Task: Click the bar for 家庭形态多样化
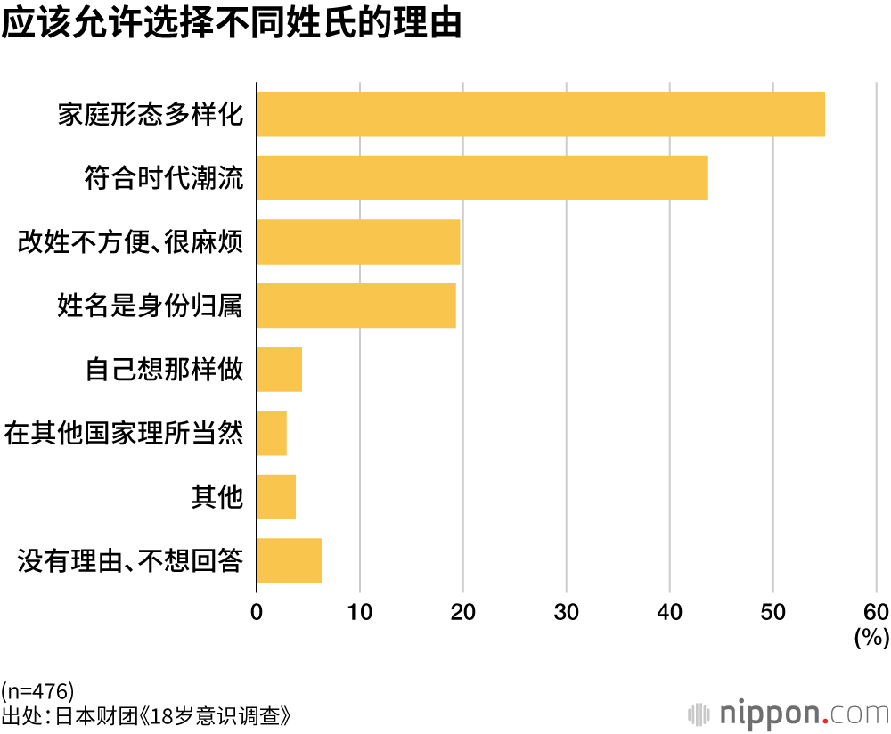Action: pos(541,114)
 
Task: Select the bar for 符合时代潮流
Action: pos(482,178)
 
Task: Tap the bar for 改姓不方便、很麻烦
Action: pos(358,241)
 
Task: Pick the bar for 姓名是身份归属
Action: pos(356,306)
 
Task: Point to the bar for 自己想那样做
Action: pos(280,370)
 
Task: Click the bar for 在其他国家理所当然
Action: pos(272,433)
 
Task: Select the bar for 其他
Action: pos(276,497)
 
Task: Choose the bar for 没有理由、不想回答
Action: pos(289,560)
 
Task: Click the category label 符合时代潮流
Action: pos(163,178)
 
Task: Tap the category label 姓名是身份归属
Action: pos(150,306)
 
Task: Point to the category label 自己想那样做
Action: pos(163,370)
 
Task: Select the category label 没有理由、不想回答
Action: pos(130,561)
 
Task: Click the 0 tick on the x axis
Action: pos(257,612)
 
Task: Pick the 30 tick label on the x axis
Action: pos(567,612)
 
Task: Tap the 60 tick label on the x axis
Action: pos(876,612)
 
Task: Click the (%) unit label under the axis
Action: pos(871,637)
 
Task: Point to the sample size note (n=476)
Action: pos(37,690)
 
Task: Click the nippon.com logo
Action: pos(789,714)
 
